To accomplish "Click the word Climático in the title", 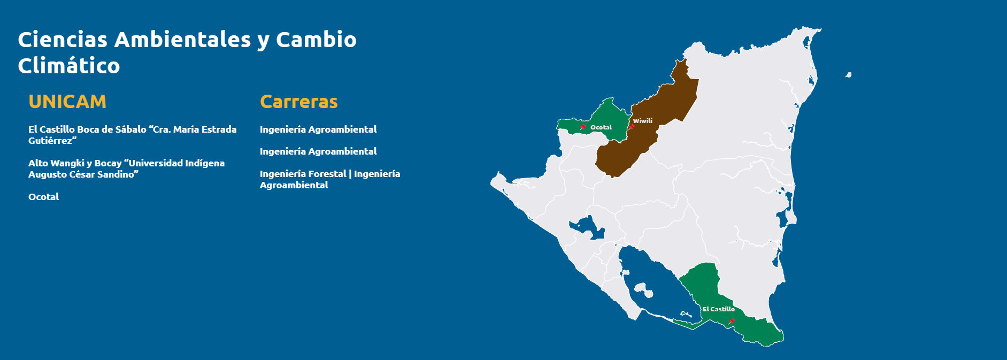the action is tap(69, 66).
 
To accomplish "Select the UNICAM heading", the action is tap(67, 102).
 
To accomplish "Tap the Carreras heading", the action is tap(299, 102).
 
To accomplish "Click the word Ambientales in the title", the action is tap(182, 40).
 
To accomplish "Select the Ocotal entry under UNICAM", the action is tap(44, 197).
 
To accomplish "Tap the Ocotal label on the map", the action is tap(601, 127).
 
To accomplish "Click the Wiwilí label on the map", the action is tap(643, 121).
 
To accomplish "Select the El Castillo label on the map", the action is tap(719, 309).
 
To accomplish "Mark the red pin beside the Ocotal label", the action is tap(583, 127).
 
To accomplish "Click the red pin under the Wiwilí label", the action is tap(632, 127).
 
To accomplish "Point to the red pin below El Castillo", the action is tap(731, 321).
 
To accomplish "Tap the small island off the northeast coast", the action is tap(848, 75).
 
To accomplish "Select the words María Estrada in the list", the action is tap(205, 129).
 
